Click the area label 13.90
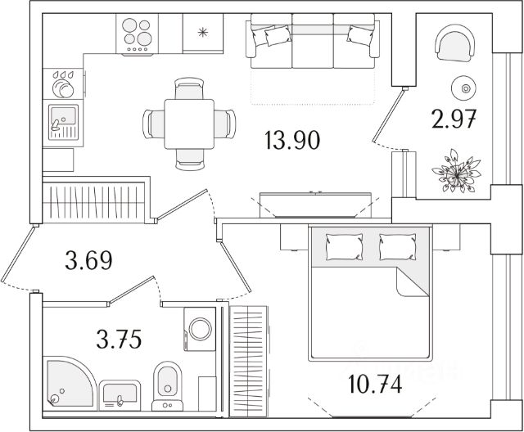click(x=291, y=141)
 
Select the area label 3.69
click(x=88, y=262)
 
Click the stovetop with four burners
click(x=140, y=34)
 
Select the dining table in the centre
click(x=189, y=124)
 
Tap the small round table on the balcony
click(x=465, y=88)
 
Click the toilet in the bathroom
click(x=168, y=385)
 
